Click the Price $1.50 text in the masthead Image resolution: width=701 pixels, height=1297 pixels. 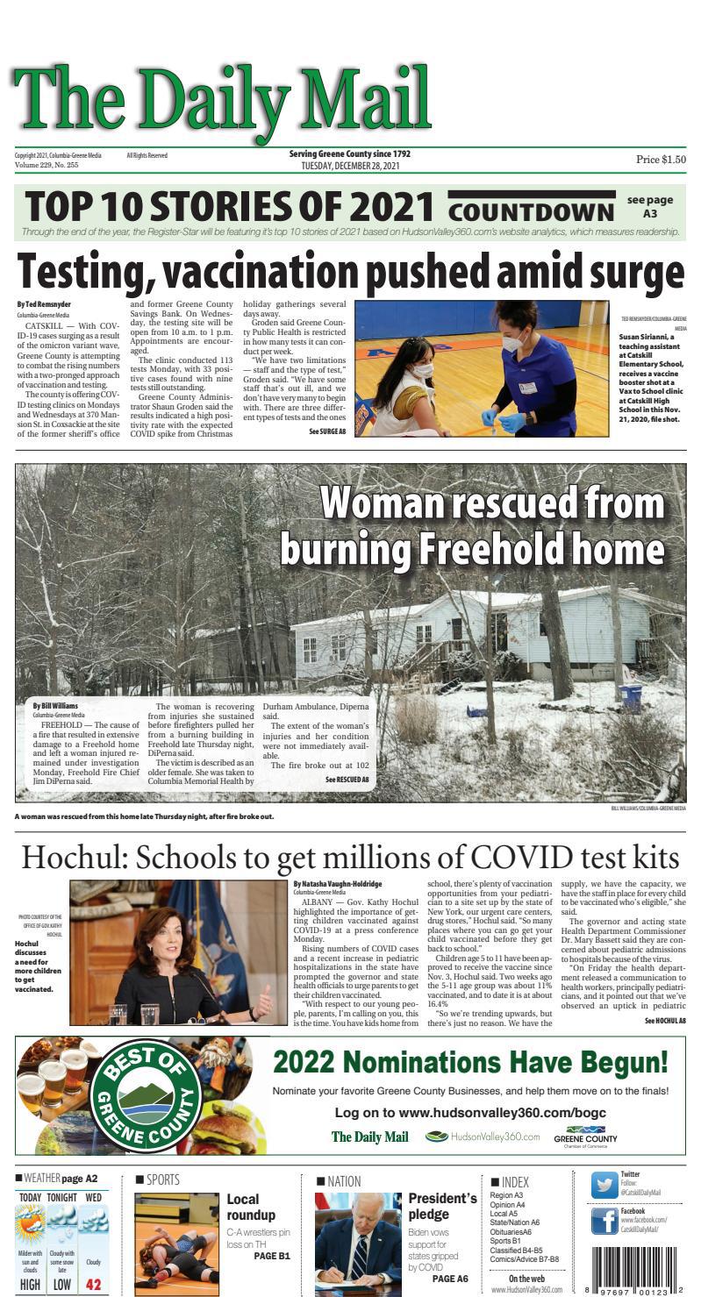(661, 160)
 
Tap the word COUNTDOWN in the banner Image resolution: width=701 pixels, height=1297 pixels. (532, 211)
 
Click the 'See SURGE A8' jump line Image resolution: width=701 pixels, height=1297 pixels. (326, 432)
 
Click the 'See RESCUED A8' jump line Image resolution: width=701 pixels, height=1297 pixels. (347, 780)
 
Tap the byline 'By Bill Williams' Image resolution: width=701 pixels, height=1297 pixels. (55, 706)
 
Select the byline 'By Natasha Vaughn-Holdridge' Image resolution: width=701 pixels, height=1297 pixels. (337, 884)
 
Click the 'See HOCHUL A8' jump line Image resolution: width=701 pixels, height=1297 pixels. (665, 1021)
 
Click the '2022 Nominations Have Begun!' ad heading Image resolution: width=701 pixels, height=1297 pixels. (470, 1062)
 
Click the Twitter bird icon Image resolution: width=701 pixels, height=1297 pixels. (604, 1185)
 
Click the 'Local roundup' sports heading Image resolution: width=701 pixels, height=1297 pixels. (251, 1207)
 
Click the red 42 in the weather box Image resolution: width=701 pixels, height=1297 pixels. (93, 1285)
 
